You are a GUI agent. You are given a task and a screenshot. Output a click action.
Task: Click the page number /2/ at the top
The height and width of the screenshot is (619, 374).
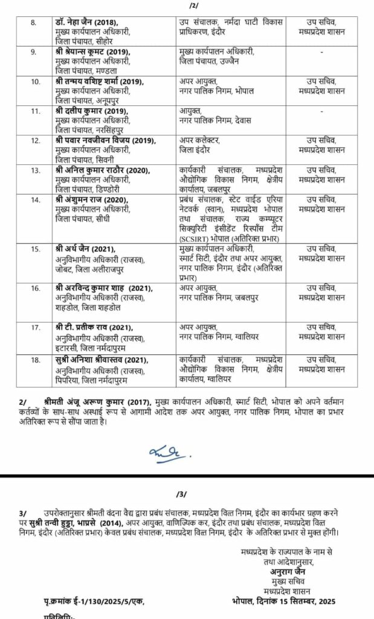coord(193,5)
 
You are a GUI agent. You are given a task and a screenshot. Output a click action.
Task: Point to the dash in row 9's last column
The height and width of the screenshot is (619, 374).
coord(322,53)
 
